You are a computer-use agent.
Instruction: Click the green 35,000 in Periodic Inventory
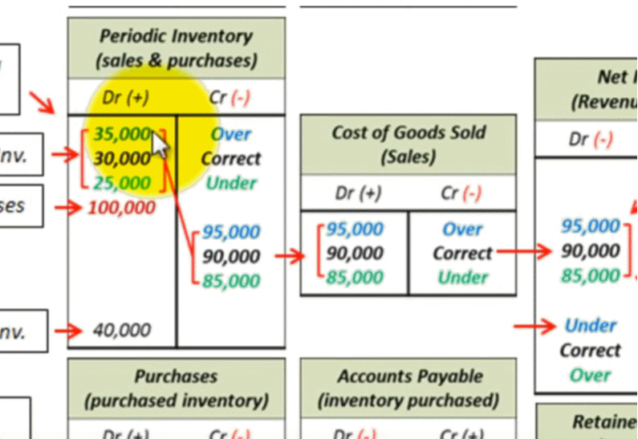pyautogui.click(x=121, y=134)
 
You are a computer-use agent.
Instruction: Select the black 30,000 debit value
pyautogui.click(x=121, y=158)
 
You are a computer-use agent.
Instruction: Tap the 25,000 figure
pyautogui.click(x=121, y=183)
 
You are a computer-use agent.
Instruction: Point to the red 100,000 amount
pyautogui.click(x=121, y=208)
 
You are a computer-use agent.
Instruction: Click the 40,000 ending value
pyautogui.click(x=121, y=330)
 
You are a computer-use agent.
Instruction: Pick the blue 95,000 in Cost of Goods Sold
pyautogui.click(x=354, y=229)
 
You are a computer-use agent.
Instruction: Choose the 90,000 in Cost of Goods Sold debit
pyautogui.click(x=354, y=253)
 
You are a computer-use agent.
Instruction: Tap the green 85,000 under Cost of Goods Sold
pyautogui.click(x=354, y=278)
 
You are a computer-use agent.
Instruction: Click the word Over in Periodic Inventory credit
pyautogui.click(x=231, y=134)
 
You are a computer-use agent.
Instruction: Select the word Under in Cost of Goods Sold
pyautogui.click(x=463, y=278)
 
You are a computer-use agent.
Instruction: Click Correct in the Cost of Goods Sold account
pyautogui.click(x=462, y=253)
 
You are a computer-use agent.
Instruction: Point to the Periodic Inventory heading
pyautogui.click(x=176, y=48)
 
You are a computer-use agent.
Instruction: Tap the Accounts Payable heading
pyautogui.click(x=408, y=388)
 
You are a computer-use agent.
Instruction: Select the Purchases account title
pyautogui.click(x=176, y=388)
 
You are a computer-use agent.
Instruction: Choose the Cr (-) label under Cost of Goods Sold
pyautogui.click(x=461, y=193)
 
